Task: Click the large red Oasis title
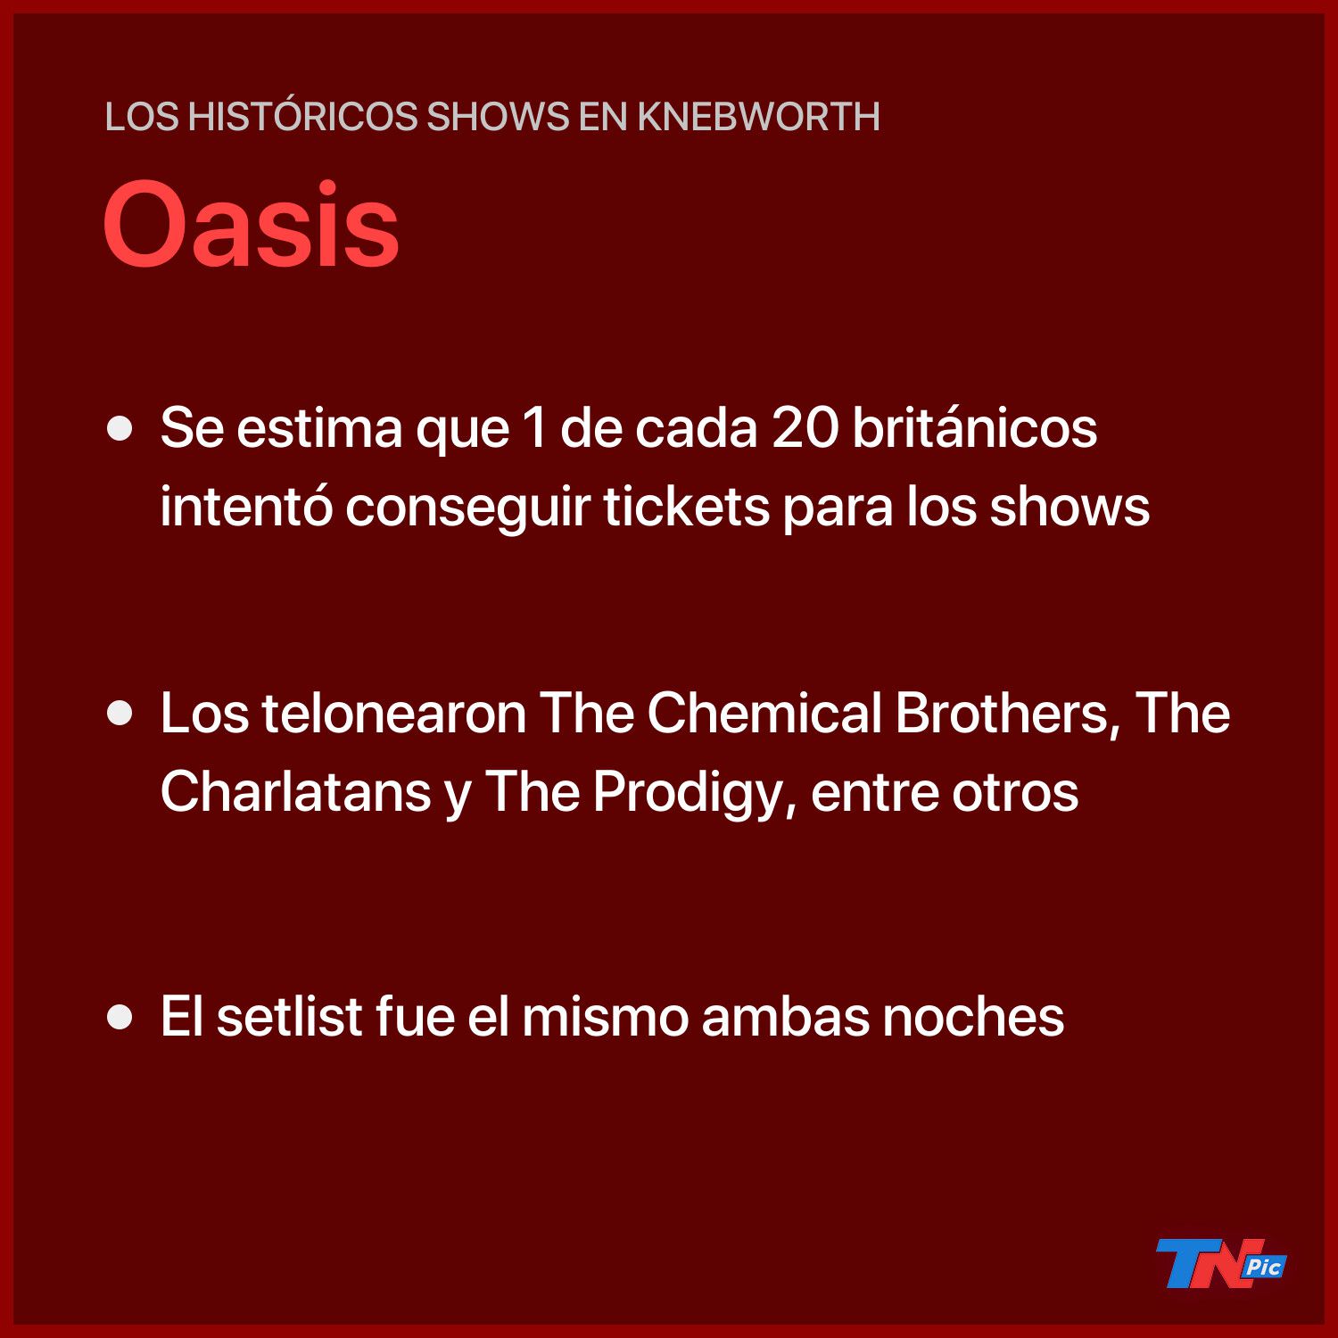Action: pos(252,224)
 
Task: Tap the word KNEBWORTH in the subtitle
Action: pos(758,117)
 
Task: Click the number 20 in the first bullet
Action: pos(805,428)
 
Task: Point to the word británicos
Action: pos(975,427)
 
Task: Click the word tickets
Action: pos(687,506)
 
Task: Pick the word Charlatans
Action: pos(296,791)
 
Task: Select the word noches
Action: pos(973,1016)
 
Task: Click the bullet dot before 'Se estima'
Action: pos(120,429)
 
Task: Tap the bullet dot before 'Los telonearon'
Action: pos(120,714)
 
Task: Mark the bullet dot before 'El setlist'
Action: pos(120,1017)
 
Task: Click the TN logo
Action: pos(1220,1263)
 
